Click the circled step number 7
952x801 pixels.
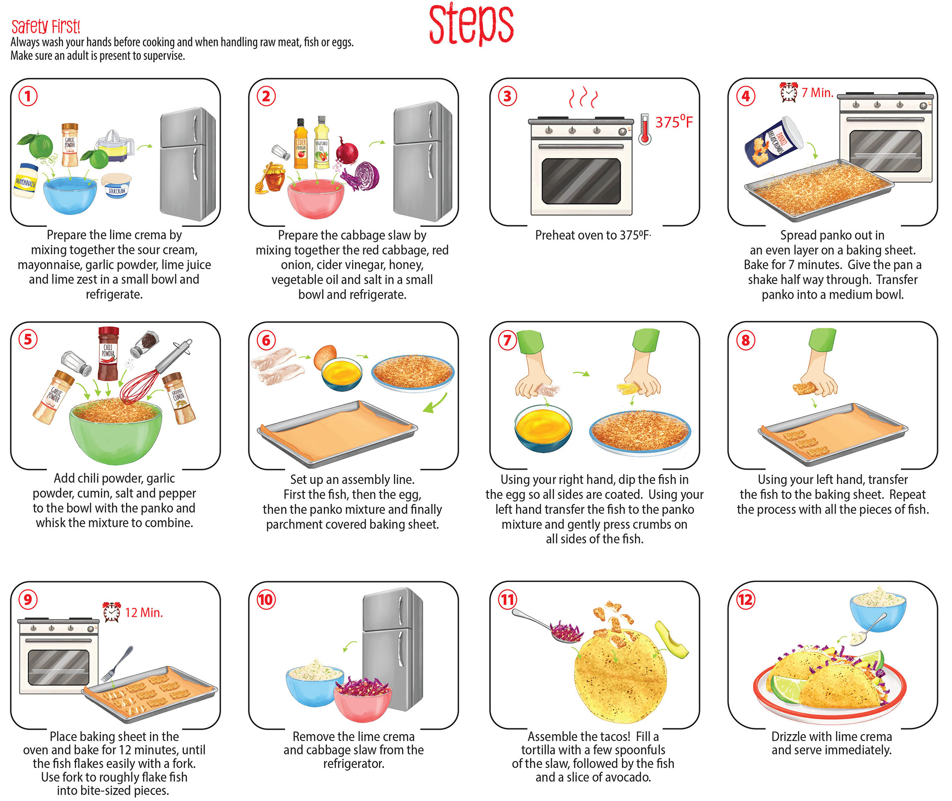click(507, 340)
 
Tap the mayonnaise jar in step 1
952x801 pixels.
click(26, 180)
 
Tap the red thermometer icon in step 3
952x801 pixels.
click(645, 129)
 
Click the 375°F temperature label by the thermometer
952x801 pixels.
click(674, 121)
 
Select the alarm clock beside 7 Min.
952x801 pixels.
click(789, 92)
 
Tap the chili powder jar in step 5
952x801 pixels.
click(108, 353)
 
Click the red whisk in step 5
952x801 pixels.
click(155, 373)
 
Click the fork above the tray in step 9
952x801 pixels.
click(118, 663)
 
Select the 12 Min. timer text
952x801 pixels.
click(144, 613)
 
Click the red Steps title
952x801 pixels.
click(471, 25)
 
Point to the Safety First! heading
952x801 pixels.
click(46, 26)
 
